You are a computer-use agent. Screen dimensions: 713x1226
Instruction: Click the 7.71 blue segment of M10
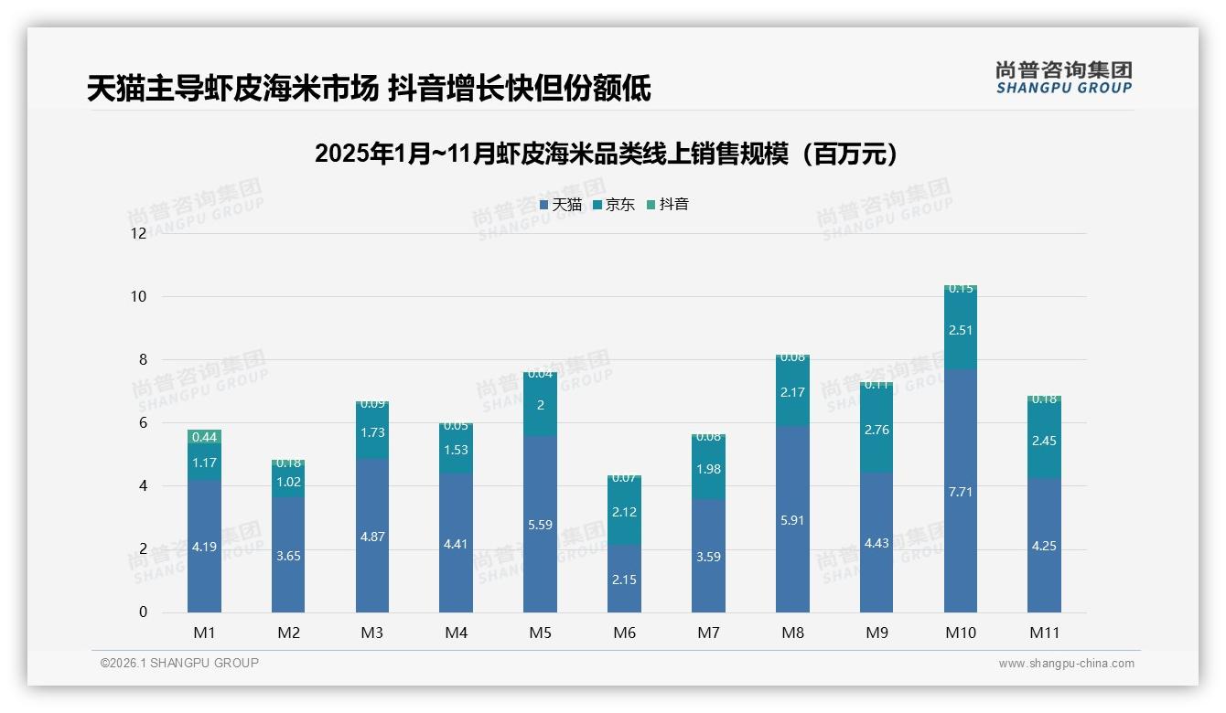click(961, 491)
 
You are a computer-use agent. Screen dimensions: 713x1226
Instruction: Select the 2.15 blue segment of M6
click(625, 579)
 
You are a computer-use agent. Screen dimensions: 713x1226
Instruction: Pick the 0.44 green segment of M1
click(204, 437)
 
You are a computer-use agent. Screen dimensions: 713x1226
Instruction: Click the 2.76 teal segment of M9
click(876, 430)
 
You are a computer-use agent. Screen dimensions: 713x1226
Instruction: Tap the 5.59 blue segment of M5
click(541, 524)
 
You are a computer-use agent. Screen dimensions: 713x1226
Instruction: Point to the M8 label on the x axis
click(792, 633)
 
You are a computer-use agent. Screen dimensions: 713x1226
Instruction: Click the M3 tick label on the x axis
click(372, 633)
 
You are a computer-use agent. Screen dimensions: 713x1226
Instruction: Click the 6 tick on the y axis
click(142, 422)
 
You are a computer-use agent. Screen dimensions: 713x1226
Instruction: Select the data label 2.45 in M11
click(1044, 441)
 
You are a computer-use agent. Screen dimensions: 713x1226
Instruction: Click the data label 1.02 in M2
click(288, 482)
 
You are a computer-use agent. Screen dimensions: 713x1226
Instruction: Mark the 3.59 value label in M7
click(708, 556)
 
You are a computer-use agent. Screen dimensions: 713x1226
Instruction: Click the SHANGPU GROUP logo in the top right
click(1063, 78)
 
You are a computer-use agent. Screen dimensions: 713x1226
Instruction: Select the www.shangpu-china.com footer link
click(1066, 664)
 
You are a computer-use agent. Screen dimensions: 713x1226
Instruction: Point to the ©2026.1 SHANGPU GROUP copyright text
click(179, 663)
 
